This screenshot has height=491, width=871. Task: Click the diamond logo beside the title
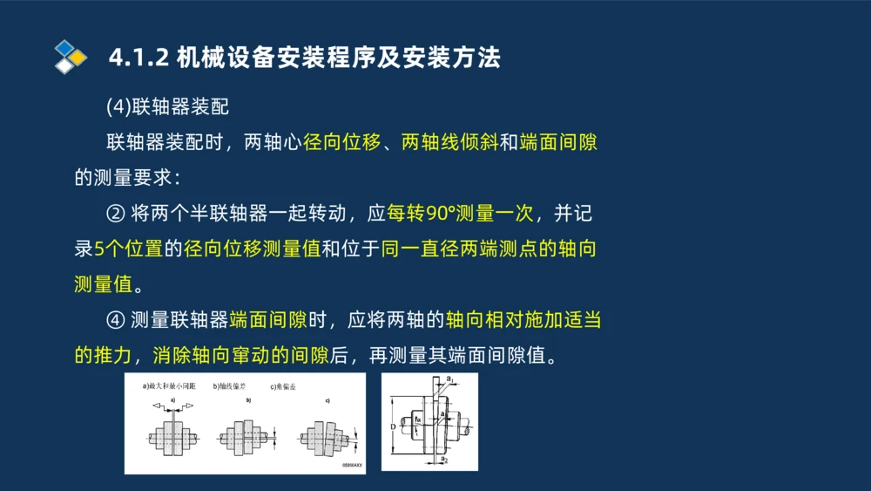(x=70, y=57)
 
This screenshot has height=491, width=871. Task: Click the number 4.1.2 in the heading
(x=137, y=58)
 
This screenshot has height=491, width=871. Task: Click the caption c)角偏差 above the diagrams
(x=284, y=385)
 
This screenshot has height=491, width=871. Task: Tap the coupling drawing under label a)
(x=172, y=435)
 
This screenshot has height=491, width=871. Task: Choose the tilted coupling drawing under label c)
(x=323, y=435)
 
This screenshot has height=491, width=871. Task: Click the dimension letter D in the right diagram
(x=394, y=426)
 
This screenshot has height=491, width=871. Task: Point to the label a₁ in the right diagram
(x=449, y=379)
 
